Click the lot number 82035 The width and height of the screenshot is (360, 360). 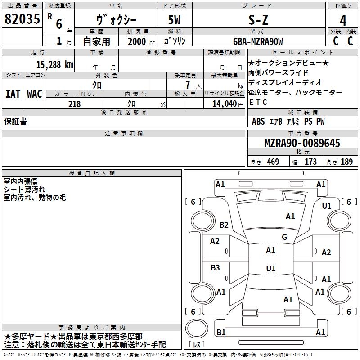(x=22, y=19)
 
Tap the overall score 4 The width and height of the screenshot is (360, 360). (x=343, y=21)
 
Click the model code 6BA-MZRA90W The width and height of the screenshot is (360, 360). (x=258, y=41)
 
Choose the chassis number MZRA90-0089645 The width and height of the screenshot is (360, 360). (x=302, y=143)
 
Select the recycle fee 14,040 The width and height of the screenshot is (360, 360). (x=223, y=103)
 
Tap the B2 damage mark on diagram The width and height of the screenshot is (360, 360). (x=224, y=225)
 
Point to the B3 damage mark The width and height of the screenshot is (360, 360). (x=215, y=267)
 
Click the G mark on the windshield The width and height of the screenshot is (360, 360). (x=284, y=237)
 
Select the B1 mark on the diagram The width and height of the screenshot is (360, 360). (x=221, y=332)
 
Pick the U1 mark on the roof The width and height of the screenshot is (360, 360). (x=270, y=268)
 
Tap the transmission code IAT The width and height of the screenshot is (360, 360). (x=13, y=94)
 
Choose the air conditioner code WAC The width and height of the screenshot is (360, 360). (x=34, y=94)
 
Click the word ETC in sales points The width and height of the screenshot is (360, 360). (x=258, y=102)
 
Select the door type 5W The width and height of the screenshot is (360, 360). (x=175, y=20)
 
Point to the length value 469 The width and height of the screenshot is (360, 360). (x=273, y=162)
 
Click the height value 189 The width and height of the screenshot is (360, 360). (x=346, y=162)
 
